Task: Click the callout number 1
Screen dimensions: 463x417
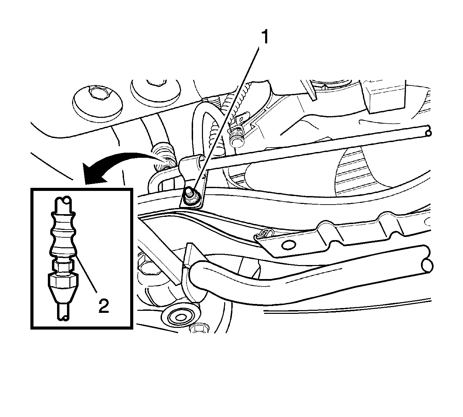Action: (265, 37)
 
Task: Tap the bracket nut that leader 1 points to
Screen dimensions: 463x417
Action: (190, 195)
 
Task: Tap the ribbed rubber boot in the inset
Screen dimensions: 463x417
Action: (62, 235)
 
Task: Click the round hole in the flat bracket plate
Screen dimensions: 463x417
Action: (288, 245)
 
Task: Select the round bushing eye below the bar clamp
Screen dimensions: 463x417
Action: (180, 317)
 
